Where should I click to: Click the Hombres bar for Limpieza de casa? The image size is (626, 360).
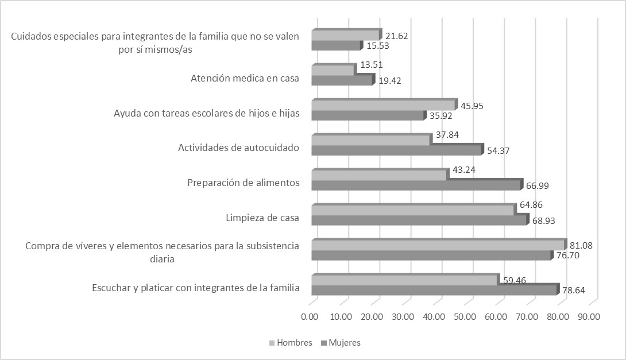click(x=412, y=211)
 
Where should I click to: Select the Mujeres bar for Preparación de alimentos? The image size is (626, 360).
click(x=416, y=185)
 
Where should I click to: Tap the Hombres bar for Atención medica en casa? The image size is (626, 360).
click(x=333, y=71)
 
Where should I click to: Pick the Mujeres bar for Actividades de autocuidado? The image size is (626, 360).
click(x=396, y=150)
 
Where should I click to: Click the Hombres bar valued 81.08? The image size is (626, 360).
click(x=438, y=245)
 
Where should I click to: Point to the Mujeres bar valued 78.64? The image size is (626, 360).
click(x=434, y=290)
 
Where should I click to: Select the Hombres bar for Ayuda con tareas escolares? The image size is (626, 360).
click(x=383, y=106)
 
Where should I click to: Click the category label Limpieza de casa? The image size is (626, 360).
click(x=262, y=218)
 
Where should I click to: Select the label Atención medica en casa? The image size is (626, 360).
click(x=245, y=79)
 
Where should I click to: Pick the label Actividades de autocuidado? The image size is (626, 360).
click(x=239, y=148)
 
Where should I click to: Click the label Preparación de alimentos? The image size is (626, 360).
click(x=244, y=183)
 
